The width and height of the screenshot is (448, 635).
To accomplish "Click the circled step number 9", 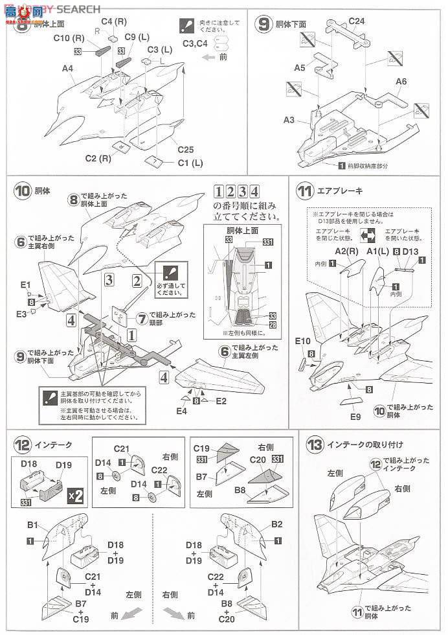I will coord(263,24).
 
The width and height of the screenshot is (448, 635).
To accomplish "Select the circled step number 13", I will coord(315,444).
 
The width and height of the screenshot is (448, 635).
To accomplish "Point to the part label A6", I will coord(401,81).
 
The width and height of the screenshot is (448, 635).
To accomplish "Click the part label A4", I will coord(67,68).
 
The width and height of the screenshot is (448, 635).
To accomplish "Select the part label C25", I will coord(186,149).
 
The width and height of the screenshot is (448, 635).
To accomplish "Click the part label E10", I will coord(303,340).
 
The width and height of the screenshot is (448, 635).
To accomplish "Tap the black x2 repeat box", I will coord(75,496).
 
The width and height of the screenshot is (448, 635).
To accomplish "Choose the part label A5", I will coord(299,67).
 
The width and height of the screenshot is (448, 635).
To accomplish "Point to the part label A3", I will coord(289,120).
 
